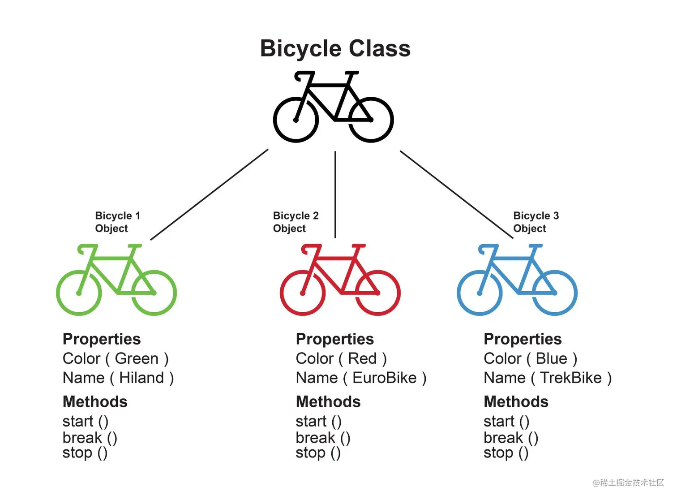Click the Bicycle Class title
tap(335, 48)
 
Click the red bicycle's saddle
tap(358, 246)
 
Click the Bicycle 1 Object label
tap(117, 222)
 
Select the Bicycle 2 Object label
tap(296, 222)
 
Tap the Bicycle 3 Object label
tap(536, 222)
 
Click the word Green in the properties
tap(137, 358)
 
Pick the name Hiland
tap(141, 378)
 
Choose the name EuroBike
tap(384, 378)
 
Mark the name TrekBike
tap(570, 378)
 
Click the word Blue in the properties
tap(551, 358)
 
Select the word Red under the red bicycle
tap(362, 358)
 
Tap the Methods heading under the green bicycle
tap(95, 401)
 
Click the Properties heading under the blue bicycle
tap(523, 339)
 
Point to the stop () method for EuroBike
tap(318, 453)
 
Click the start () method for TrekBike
tap(506, 421)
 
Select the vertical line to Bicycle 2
tap(335, 194)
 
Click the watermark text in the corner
tap(628, 483)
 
